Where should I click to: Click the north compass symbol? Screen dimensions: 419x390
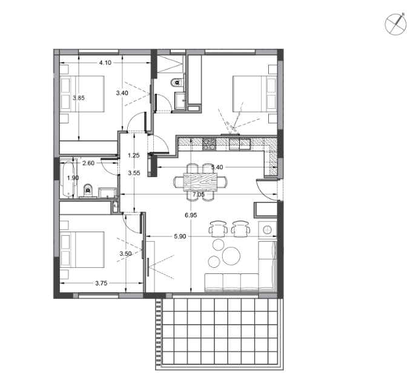pos(395,24)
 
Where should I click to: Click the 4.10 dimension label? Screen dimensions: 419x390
pos(105,63)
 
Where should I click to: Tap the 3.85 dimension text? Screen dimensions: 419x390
pos(79,98)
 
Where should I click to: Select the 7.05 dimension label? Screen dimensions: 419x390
pos(199,195)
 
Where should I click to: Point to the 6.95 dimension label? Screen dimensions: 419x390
pos(191,215)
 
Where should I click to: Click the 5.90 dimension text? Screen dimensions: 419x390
pos(180,236)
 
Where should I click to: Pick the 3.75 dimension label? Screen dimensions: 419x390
pos(101,284)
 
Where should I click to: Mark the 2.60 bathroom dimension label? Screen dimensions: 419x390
pos(88,163)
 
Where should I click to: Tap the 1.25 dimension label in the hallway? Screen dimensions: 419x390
pos(134,155)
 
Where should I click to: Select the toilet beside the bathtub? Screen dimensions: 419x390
pos(87,191)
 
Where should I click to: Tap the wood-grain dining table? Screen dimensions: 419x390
pos(200,182)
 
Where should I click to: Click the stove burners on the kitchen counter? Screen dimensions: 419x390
pos(209,144)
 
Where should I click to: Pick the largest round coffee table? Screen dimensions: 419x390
pos(231,256)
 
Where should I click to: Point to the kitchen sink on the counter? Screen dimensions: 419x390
pos(240,144)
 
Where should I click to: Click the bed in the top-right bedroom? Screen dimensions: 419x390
pos(255,94)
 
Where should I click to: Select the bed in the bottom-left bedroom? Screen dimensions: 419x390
pos(82,250)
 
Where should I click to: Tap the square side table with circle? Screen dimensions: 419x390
pos(267,230)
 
